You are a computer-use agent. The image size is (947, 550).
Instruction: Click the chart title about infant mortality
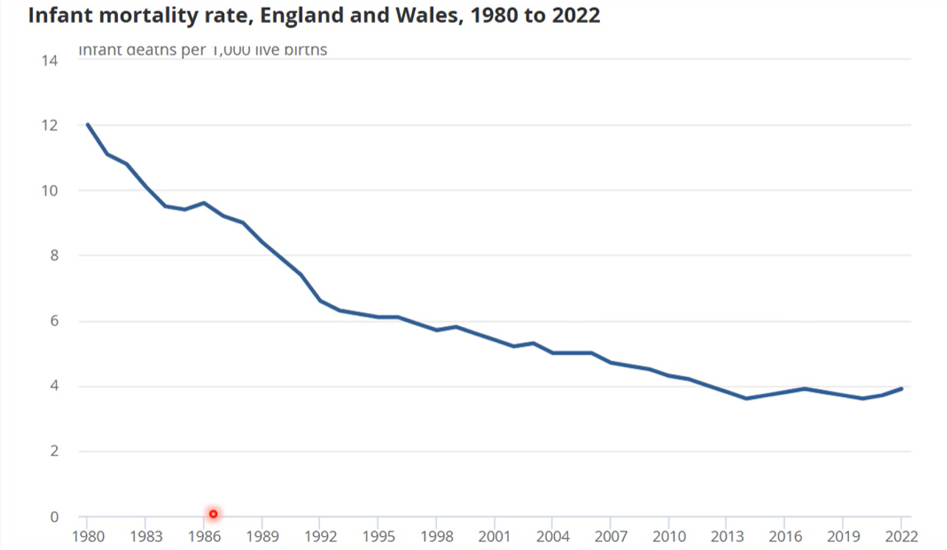[314, 15]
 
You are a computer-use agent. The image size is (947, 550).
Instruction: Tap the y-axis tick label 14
[50, 60]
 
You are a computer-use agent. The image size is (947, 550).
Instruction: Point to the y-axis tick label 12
[50, 126]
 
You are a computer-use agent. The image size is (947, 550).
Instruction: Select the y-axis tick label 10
[50, 191]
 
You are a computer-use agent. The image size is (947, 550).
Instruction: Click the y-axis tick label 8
[54, 256]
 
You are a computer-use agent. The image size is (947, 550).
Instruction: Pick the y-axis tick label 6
[54, 321]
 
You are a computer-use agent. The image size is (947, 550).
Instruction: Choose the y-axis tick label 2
[54, 451]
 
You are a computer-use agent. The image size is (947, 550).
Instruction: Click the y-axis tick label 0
[54, 517]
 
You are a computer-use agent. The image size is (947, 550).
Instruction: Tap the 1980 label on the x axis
[87, 535]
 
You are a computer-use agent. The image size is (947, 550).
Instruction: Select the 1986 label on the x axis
[203, 535]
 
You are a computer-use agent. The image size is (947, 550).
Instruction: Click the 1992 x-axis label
[319, 535]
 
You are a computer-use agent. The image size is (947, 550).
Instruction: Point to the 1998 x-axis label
[436, 535]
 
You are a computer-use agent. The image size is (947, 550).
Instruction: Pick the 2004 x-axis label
[552, 535]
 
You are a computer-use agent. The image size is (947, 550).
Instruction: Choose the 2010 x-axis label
[668, 535]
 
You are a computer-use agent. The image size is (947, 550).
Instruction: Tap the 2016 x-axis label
[785, 535]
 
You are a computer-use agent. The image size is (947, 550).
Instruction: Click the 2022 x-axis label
[901, 535]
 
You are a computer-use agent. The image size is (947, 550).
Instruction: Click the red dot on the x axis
[213, 514]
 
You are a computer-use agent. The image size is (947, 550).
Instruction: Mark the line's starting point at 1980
[88, 124]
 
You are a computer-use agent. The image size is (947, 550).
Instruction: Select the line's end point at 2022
[901, 389]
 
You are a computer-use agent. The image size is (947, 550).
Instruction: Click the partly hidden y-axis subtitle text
[203, 51]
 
